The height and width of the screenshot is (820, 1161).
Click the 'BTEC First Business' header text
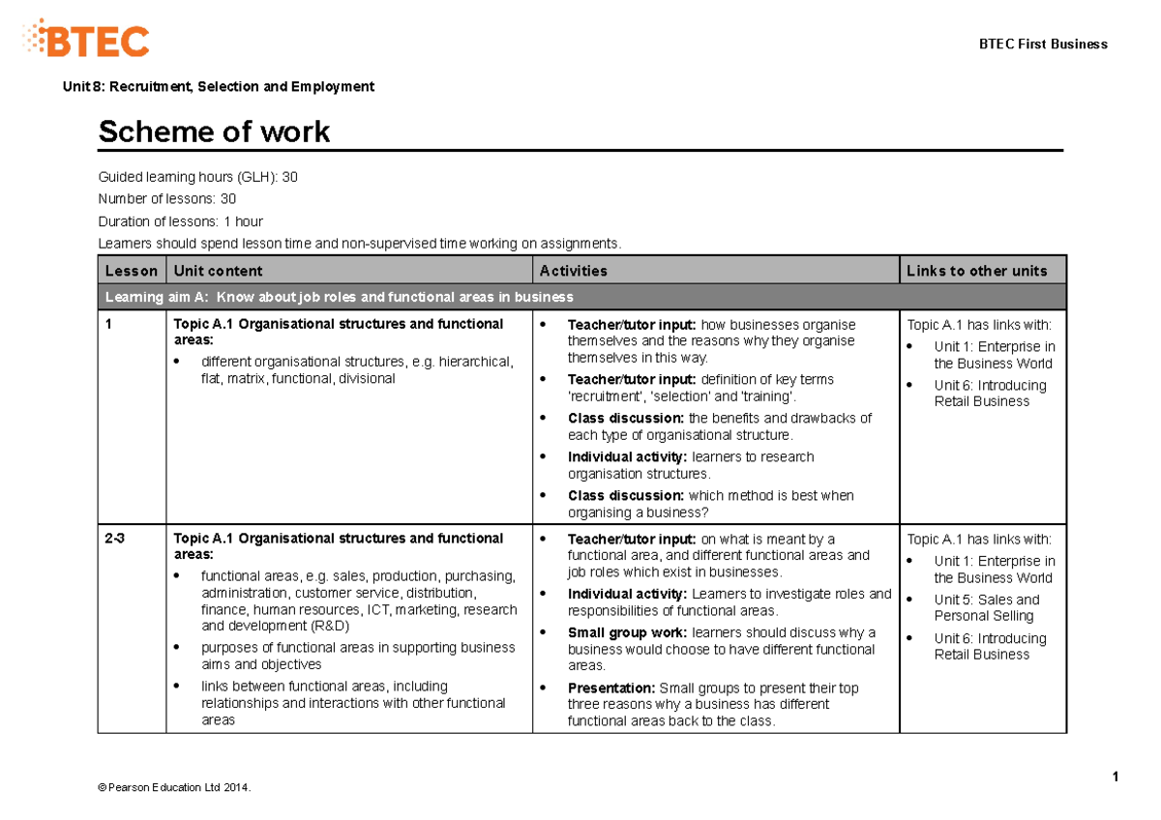[x=1043, y=44]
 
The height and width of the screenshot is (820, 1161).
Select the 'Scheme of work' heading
[x=214, y=132]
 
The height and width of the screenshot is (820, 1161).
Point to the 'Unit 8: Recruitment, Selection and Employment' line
[x=218, y=87]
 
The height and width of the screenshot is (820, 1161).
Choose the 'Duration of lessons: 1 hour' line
[x=180, y=221]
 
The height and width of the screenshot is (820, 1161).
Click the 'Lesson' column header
[x=131, y=271]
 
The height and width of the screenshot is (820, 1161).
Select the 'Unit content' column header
[x=218, y=271]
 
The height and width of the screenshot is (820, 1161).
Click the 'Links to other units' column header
[x=976, y=271]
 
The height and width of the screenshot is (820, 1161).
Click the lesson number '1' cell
[x=109, y=325]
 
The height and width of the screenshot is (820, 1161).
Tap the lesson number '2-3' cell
[x=114, y=539]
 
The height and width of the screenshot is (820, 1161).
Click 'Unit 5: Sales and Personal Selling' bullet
[x=986, y=607]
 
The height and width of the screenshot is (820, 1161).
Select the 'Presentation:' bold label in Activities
[x=611, y=688]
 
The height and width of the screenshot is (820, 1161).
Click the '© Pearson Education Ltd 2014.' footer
[x=174, y=788]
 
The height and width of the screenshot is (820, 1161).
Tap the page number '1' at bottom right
[x=1116, y=776]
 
